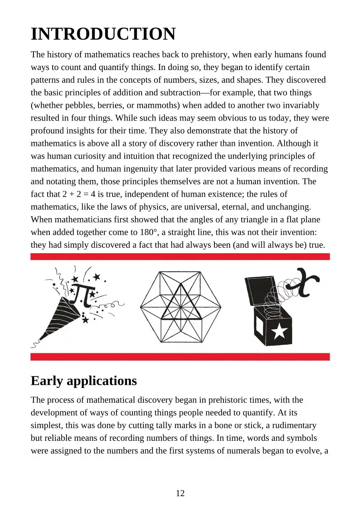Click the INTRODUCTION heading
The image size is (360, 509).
click(103, 34)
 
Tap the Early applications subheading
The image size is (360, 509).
click(83, 381)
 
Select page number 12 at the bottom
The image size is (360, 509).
click(180, 493)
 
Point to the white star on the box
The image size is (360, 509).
click(280, 332)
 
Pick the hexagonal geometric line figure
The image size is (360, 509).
click(180, 307)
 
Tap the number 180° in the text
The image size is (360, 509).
click(148, 232)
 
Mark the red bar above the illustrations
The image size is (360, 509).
click(180, 257)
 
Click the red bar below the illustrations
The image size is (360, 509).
click(180, 357)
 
